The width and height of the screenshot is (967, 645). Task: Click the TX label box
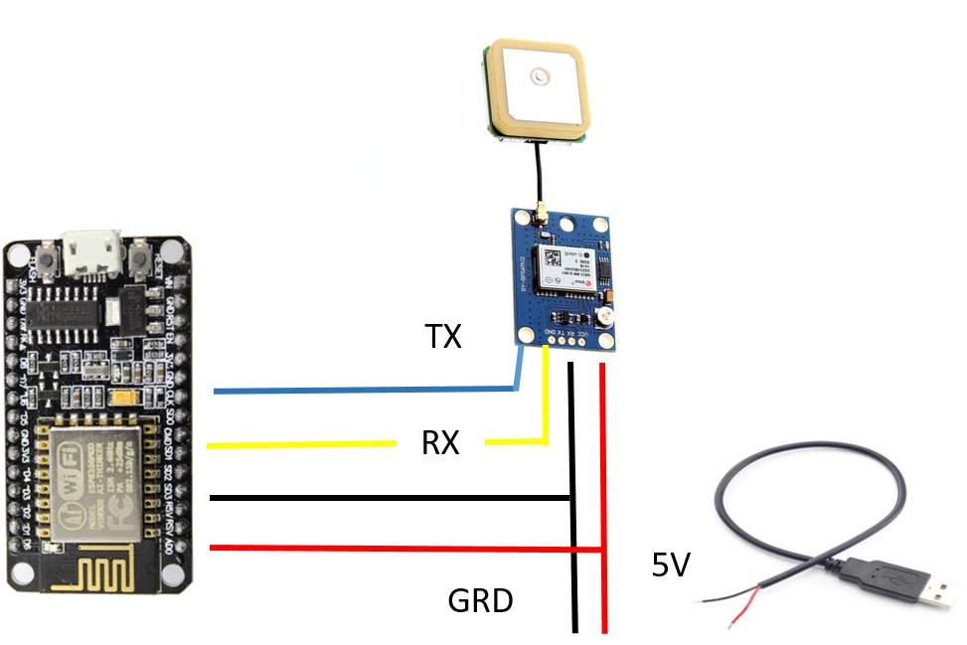point(443,336)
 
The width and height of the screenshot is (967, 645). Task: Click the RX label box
point(440,441)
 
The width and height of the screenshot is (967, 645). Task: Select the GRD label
point(480,599)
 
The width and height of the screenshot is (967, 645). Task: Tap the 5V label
point(670,564)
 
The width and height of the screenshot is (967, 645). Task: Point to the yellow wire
point(298,444)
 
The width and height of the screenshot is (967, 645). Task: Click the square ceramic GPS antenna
point(537,90)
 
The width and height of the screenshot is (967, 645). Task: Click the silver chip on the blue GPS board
point(564,266)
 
